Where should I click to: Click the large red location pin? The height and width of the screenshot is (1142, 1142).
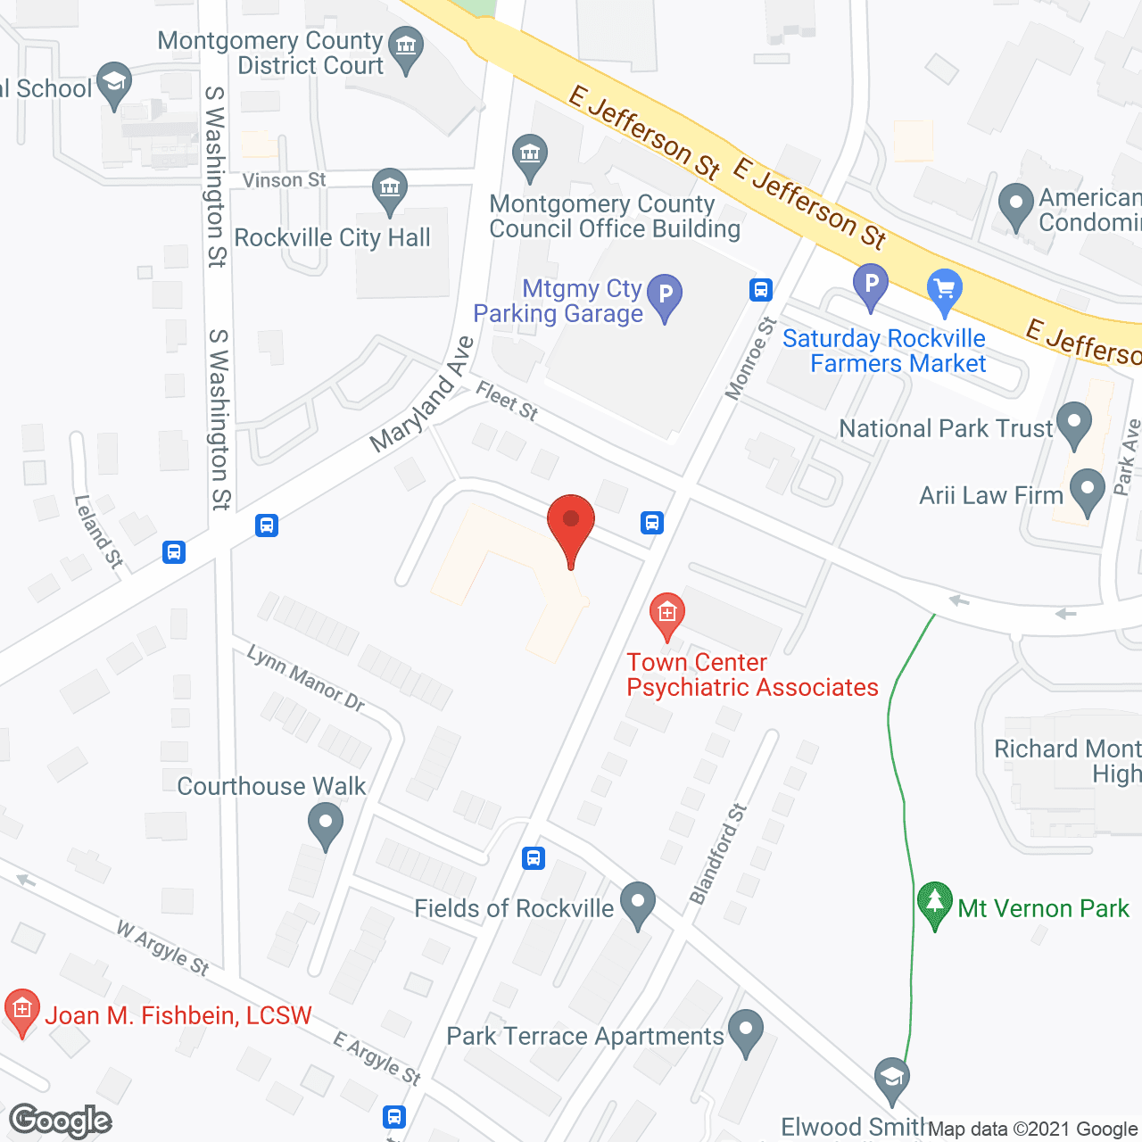571,526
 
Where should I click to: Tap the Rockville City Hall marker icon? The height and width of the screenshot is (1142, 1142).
390,189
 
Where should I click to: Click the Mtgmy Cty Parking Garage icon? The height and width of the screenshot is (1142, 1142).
665,295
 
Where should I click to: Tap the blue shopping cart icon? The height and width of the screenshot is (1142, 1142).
945,289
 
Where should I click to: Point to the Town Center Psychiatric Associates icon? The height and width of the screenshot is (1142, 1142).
666,614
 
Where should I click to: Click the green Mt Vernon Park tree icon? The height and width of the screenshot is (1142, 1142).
934,903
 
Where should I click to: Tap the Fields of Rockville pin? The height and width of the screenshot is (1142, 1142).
637,902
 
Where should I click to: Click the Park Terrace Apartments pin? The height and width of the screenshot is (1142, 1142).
746,1030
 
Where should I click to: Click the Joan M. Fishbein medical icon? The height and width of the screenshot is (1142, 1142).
22,1010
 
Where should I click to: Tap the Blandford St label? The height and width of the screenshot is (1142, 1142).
718,854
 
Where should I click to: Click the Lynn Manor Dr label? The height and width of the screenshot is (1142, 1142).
306,679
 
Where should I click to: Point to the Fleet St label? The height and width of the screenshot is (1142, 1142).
507,401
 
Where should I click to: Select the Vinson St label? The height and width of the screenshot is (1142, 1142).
284,180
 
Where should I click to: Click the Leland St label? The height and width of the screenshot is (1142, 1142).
98,532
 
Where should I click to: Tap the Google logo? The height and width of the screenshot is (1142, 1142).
61,1121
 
